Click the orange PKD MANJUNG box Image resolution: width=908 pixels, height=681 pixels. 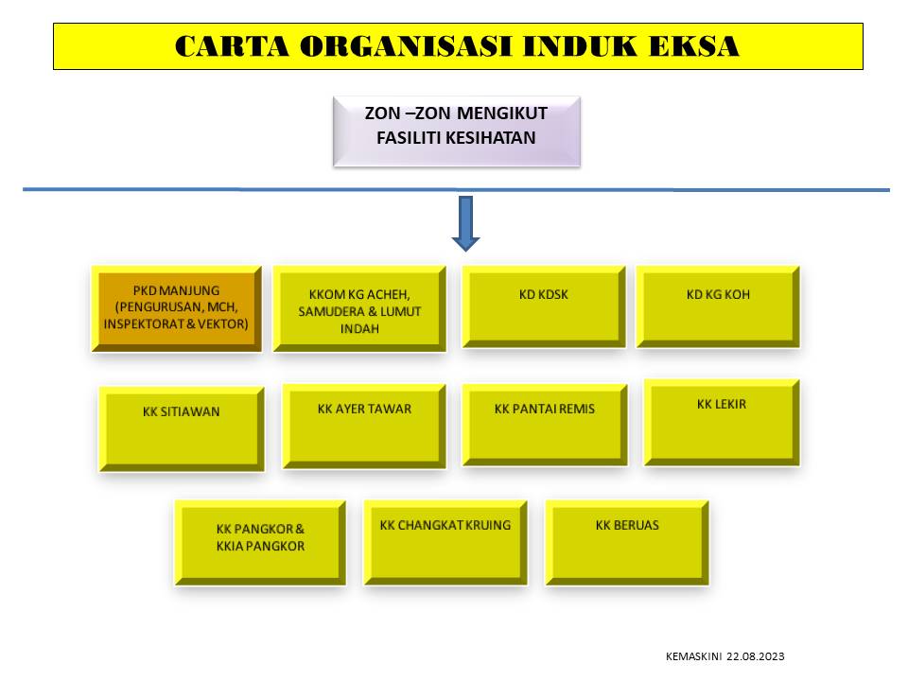tap(176, 308)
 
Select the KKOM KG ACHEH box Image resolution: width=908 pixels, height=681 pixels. tap(358, 308)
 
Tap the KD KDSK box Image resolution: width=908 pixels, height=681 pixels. tap(543, 306)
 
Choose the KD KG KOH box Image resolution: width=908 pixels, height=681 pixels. tap(718, 306)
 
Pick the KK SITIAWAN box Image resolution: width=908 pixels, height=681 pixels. tap(182, 428)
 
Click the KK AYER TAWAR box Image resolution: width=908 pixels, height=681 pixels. tap(364, 425)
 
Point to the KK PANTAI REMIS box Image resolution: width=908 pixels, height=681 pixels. tap(544, 424)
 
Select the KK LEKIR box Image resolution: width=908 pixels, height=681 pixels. tap(722, 421)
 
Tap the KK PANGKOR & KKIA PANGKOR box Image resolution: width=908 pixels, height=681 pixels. tap(260, 542)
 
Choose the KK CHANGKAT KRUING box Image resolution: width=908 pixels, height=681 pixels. tap(445, 541)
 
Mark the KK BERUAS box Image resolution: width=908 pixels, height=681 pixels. tap(627, 541)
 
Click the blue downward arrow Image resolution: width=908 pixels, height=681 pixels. tap(465, 223)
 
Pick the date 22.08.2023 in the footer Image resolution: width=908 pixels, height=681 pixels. tap(756, 656)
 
